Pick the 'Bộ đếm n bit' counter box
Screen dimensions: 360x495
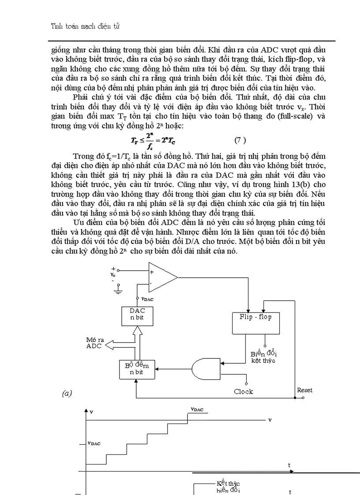tap(137, 368)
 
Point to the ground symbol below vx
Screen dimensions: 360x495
tap(118, 290)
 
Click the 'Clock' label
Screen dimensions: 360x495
tap(243, 391)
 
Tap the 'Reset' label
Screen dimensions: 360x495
tap(304, 390)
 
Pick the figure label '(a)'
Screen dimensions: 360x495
tap(67, 394)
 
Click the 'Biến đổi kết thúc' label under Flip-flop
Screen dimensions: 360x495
tap(263, 357)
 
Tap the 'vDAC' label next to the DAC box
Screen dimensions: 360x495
tap(147, 299)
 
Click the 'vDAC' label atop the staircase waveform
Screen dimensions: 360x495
tap(197, 409)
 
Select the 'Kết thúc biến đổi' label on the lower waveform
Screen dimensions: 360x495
tap(228, 486)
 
